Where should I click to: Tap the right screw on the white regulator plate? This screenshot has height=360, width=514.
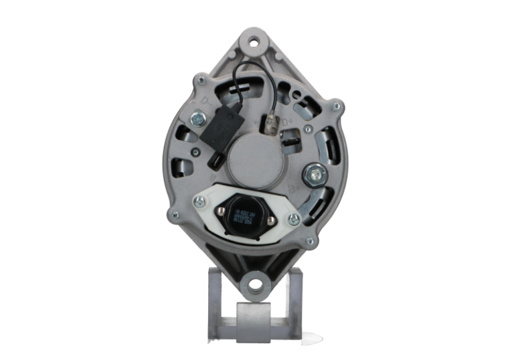pos(293,219)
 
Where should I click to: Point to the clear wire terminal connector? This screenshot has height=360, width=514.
pos(270,124)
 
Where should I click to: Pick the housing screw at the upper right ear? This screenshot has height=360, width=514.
pos(337,106)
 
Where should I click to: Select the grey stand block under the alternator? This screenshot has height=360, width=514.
pos(254,314)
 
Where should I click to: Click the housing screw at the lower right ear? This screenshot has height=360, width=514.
pos(309,242)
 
